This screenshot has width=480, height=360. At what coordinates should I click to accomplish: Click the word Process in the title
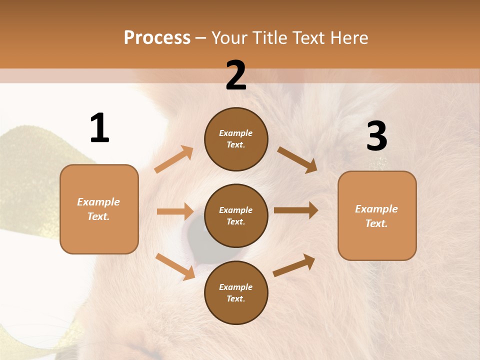[x=157, y=38]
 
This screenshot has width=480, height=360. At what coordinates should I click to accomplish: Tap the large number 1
[x=99, y=128]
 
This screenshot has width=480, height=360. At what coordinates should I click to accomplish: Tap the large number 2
[x=236, y=75]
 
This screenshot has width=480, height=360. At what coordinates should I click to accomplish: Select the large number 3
[x=376, y=136]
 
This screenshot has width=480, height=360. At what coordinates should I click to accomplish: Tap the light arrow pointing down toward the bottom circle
[x=175, y=266]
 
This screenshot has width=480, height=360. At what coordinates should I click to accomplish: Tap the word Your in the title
[x=230, y=38]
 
